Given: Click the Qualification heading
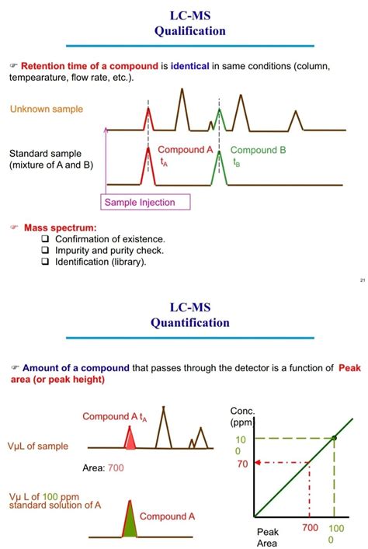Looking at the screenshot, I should pos(190,31).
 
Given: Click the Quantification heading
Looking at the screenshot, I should pos(190,322).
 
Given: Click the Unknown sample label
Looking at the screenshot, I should pos(46,109).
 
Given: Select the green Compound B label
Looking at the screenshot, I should pos(258,150).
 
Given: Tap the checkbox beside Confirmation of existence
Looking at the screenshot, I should pos(45,240).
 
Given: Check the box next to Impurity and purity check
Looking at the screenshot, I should pos(45,251).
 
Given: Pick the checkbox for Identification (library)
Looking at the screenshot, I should pos(45,262).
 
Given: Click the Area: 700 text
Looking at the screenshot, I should pos(102,467).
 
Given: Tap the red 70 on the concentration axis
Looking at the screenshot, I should pos(242,464).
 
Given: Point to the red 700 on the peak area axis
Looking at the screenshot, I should pos(310,528).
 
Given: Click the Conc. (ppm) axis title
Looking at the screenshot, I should pos(243,417).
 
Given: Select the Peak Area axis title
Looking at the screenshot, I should pos(267,537).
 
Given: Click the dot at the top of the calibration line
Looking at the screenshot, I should pos(335,439).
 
